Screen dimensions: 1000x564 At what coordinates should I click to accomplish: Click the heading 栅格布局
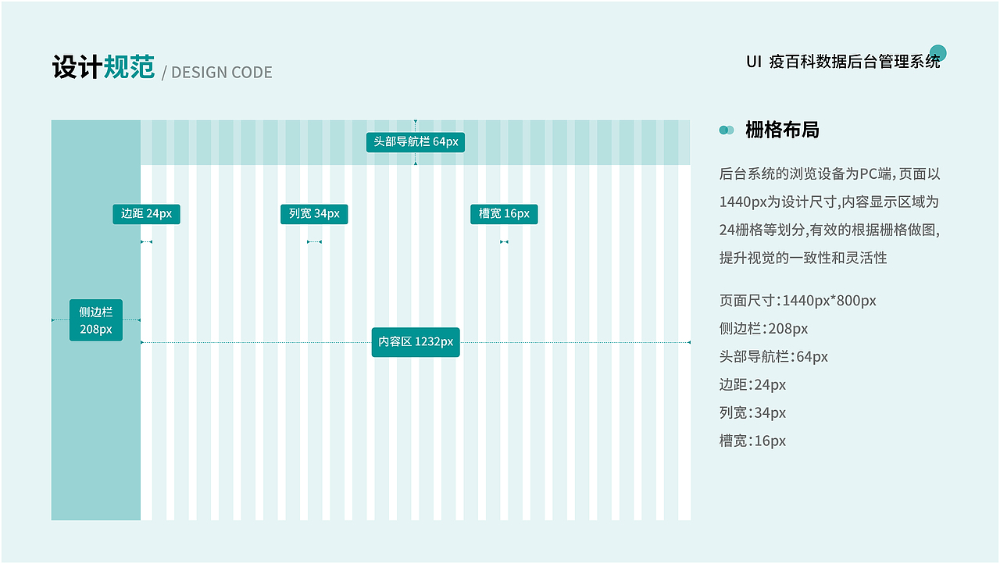[782, 130]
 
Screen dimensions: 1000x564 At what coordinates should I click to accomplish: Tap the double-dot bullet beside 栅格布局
[727, 130]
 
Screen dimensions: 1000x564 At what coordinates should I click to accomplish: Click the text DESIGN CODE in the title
[221, 73]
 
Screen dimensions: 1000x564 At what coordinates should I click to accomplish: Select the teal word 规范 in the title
[129, 67]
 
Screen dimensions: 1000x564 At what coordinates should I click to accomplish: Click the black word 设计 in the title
[77, 67]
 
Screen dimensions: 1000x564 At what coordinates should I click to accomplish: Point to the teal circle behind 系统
[938, 53]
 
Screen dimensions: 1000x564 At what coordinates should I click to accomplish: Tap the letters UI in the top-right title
[754, 62]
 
